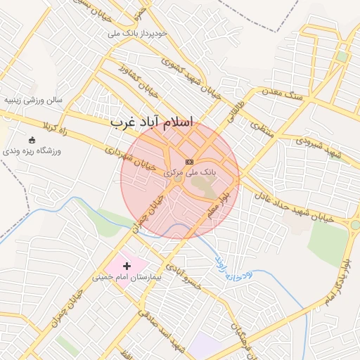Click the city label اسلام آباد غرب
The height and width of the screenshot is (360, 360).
coord(151,122)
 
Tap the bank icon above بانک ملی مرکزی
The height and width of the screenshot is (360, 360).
coord(189,162)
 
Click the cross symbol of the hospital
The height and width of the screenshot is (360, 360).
coord(127,266)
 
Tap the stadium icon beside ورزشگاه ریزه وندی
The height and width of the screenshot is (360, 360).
coord(31,139)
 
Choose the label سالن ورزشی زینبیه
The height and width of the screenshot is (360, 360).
coord(34,100)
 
